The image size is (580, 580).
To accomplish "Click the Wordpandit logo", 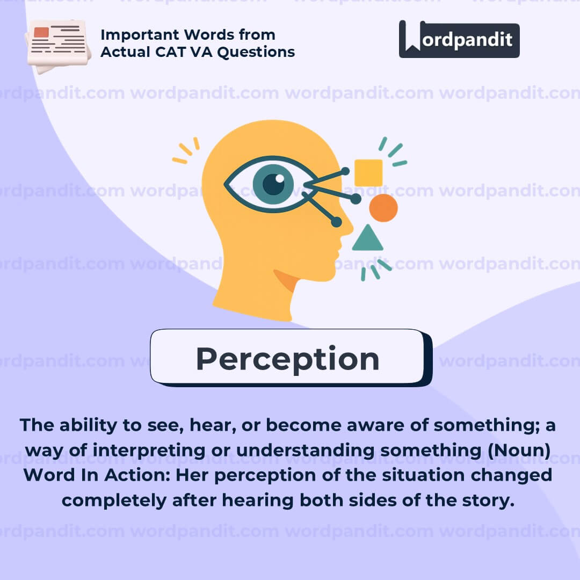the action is point(459,39).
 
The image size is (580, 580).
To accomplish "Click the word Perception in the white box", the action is point(288,359).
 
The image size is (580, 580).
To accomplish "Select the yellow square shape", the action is point(368,173).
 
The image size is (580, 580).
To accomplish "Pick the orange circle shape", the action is point(383,208).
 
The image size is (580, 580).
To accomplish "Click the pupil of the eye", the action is point(273,184).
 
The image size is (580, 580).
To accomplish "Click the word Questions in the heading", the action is point(256,52).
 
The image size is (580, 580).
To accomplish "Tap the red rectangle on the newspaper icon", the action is point(41,32).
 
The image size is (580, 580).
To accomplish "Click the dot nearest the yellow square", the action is point(345,171).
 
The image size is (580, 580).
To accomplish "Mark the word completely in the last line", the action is point(114,501).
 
